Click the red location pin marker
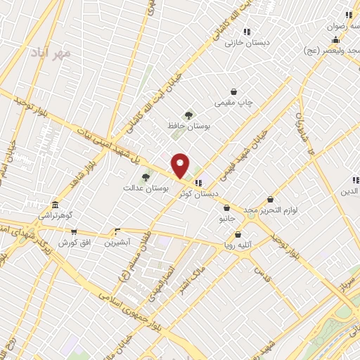(x=181, y=165)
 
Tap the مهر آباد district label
(x=51, y=53)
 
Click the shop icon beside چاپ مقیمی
(x=234, y=92)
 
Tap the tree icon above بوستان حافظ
(x=188, y=115)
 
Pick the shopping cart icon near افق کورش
(x=73, y=231)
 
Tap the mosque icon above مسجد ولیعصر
(x=336, y=39)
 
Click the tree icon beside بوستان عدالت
(x=146, y=177)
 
